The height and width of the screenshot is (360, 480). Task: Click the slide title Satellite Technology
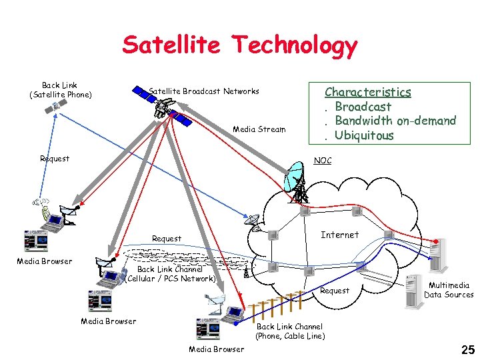tap(240, 45)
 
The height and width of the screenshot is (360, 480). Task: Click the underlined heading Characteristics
tap(367, 92)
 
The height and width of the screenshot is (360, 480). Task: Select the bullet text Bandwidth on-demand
tap(395, 121)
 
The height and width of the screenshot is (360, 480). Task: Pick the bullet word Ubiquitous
tap(364, 135)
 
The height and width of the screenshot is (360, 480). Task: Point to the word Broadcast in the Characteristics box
tap(363, 107)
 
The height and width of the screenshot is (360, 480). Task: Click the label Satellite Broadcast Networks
tap(203, 91)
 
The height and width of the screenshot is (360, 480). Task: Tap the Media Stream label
tap(259, 129)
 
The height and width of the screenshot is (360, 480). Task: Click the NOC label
tap(322, 161)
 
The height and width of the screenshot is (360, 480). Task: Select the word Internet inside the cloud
tap(339, 235)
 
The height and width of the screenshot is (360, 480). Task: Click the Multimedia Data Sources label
tap(448, 290)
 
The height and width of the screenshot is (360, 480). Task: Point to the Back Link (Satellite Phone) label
tap(59, 90)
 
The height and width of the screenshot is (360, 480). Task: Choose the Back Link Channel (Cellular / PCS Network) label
tap(171, 274)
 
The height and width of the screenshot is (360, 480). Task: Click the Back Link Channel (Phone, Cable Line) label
tap(289, 331)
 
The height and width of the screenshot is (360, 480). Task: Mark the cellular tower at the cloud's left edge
tap(247, 270)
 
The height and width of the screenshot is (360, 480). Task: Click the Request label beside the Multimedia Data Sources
tap(335, 291)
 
